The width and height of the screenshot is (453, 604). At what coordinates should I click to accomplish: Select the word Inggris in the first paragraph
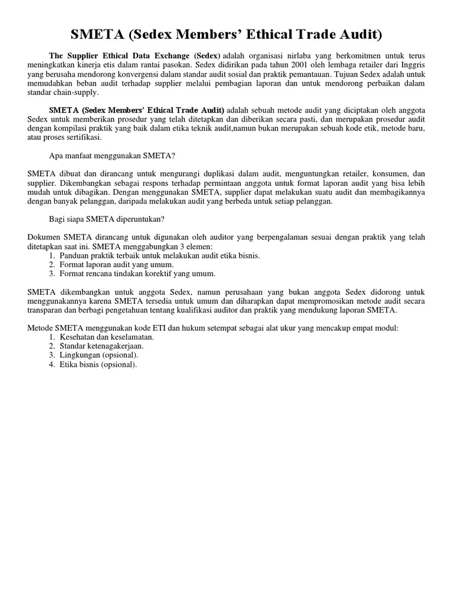pos(410,65)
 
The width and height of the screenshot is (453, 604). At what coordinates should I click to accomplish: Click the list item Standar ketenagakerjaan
pos(101,346)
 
